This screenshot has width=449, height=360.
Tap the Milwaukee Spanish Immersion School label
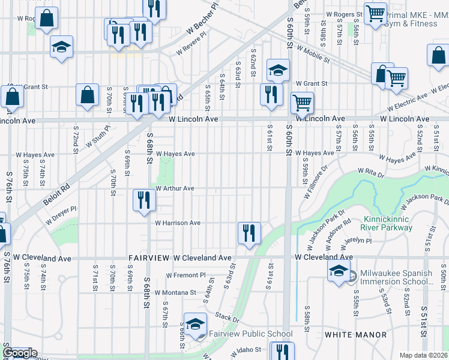pyautogui.click(x=396, y=277)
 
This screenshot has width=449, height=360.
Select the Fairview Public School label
pyautogui.click(x=250, y=334)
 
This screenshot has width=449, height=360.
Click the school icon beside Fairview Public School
pyautogui.click(x=195, y=325)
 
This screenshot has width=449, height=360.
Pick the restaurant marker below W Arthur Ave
pyautogui.click(x=143, y=200)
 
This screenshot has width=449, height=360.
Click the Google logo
pyautogui.click(x=20, y=353)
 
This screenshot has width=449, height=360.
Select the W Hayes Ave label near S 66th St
pyautogui.click(x=175, y=154)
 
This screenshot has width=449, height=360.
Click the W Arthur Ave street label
pyautogui.click(x=175, y=188)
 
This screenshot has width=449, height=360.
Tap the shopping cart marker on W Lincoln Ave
pyautogui.click(x=303, y=103)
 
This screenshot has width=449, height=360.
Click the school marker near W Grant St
pyautogui.click(x=278, y=71)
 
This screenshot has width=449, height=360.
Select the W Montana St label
pyautogui.click(x=175, y=293)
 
